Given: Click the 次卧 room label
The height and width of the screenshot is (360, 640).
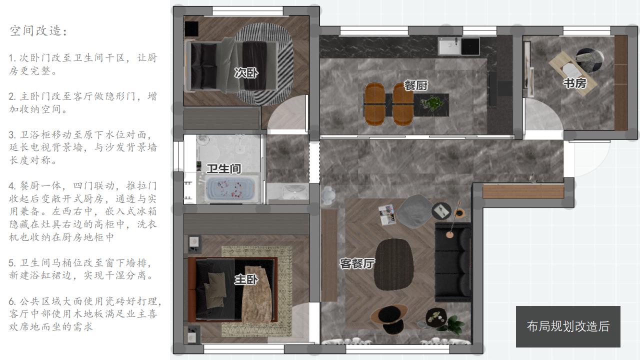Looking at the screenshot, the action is coord(246,73).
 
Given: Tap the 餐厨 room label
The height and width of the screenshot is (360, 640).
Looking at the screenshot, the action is coord(415,85).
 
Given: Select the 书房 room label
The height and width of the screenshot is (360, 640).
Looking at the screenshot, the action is coord(575,83).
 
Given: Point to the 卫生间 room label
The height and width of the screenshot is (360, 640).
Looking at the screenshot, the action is coord(223,168).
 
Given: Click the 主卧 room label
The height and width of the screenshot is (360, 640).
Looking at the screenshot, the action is coord(246,279).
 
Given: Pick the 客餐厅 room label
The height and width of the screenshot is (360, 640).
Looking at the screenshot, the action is coord(357,263).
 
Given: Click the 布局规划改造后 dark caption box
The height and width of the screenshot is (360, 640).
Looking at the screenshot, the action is coord(568,326).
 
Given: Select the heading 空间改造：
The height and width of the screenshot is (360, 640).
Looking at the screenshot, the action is coord(38,30).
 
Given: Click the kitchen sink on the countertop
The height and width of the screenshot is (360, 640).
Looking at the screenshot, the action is coord(449,46).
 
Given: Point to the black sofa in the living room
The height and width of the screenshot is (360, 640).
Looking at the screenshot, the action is coord(452,262).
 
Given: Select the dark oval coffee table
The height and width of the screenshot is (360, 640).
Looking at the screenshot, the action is coord(393,264).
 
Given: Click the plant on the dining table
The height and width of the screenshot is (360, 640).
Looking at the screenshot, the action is coord(433,103).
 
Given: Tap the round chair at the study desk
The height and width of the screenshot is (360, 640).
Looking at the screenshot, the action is coord(589,60).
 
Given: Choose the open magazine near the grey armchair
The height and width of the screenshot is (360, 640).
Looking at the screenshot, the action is coord(387,214).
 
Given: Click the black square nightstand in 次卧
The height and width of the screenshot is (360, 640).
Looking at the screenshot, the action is coord(191,28).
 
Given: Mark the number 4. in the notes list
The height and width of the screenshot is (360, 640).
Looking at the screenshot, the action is coord(12,186).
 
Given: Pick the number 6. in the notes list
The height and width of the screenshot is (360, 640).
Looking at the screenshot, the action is coord(12,301).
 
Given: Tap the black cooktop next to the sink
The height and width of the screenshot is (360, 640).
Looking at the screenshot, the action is coord(470,46).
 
